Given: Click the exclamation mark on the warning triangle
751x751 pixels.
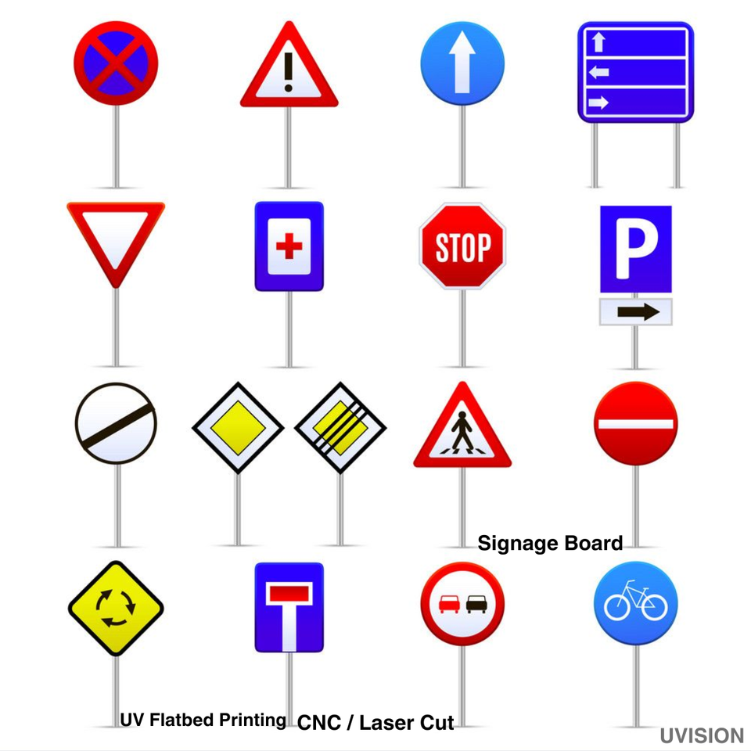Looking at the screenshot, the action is (x=289, y=72).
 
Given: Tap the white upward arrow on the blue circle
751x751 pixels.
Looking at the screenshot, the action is (x=462, y=63).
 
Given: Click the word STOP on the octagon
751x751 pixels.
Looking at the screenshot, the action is (x=462, y=249).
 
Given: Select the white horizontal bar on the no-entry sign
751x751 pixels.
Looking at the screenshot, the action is (x=635, y=423).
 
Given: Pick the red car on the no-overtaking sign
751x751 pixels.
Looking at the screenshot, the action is (x=449, y=604).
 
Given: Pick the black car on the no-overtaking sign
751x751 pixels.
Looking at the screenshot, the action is (x=476, y=604).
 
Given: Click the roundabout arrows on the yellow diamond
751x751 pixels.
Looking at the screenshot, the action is (x=116, y=609).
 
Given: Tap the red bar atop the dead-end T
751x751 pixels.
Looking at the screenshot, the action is (x=289, y=593).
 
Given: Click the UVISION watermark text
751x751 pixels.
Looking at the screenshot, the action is (x=701, y=736).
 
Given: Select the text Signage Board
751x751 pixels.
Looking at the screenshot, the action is (x=550, y=543).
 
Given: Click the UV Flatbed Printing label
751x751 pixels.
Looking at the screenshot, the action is (x=203, y=720).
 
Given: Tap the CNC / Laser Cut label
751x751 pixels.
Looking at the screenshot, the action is (x=375, y=723).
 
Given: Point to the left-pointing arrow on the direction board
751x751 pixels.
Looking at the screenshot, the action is (x=598, y=73).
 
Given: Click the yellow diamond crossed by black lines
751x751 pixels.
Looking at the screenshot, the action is (x=340, y=427).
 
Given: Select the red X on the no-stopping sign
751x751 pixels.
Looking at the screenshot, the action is (x=116, y=63).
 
